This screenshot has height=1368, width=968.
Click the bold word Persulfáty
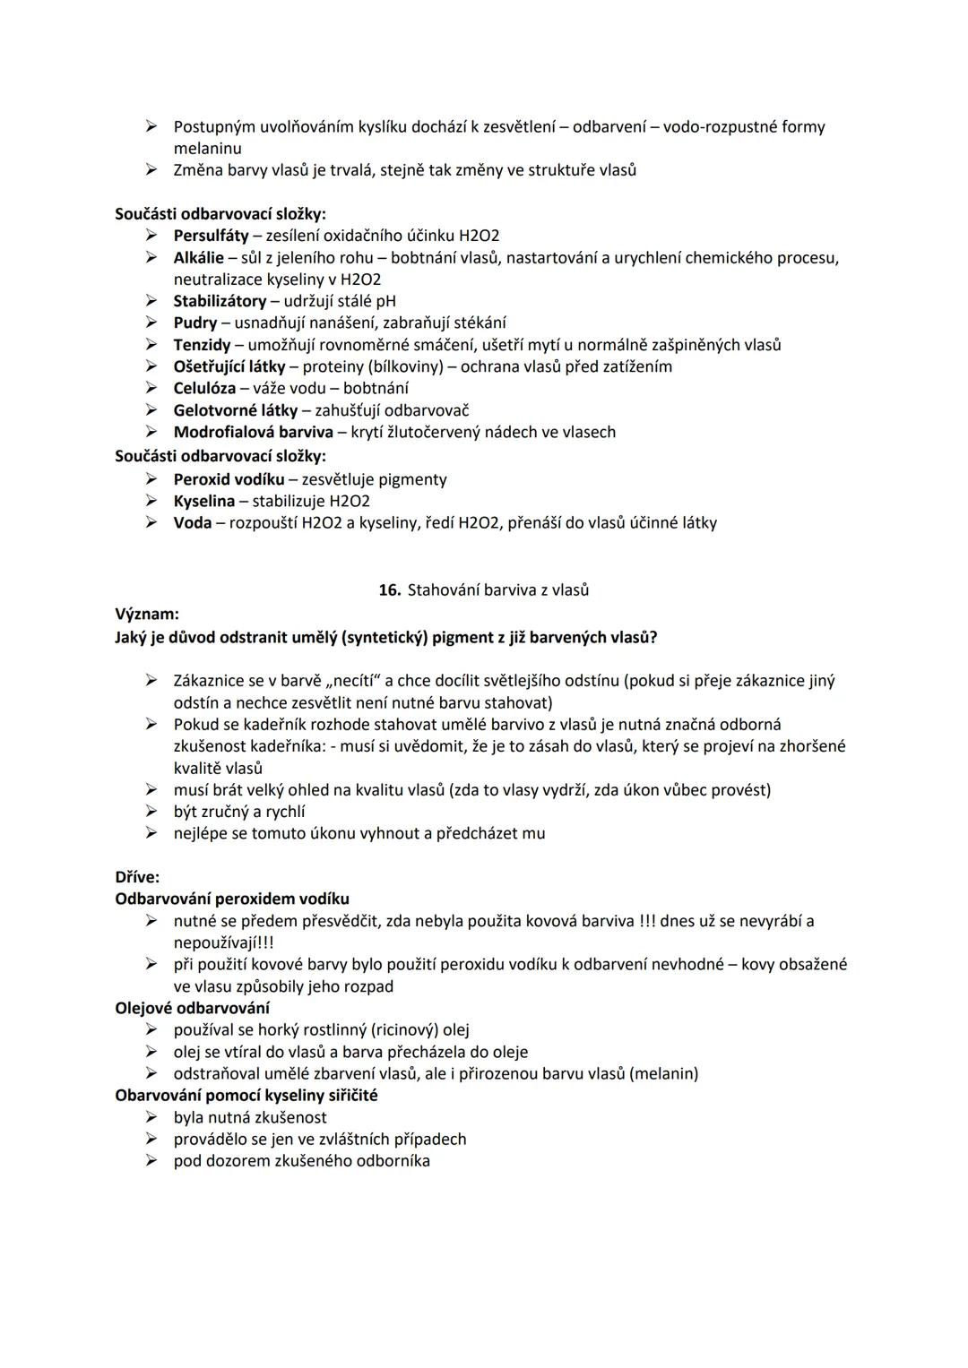(211, 236)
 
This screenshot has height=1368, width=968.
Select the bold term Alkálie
(198, 258)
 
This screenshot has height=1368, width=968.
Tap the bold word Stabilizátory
(220, 301)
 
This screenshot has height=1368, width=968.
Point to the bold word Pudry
(194, 323)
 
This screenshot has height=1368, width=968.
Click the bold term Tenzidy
(202, 345)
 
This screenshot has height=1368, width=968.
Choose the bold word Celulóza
(204, 388)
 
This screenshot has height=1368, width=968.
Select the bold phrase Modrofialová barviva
(253, 432)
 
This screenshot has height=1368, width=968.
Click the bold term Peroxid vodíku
(229, 479)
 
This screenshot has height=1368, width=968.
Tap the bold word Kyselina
(203, 501)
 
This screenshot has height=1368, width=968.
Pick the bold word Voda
(192, 522)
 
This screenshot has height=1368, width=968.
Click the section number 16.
(389, 590)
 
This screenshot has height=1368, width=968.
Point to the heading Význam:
(147, 615)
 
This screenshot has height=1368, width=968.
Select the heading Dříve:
(137, 877)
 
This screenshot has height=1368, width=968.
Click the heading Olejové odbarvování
(192, 1008)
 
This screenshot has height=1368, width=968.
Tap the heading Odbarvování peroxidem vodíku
(232, 899)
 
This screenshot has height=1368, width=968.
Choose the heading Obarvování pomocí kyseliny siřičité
(246, 1095)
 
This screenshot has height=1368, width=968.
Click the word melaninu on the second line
(207, 149)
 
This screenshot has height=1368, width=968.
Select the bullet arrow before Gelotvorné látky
(152, 410)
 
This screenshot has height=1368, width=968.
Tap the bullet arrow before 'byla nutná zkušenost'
(152, 1117)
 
